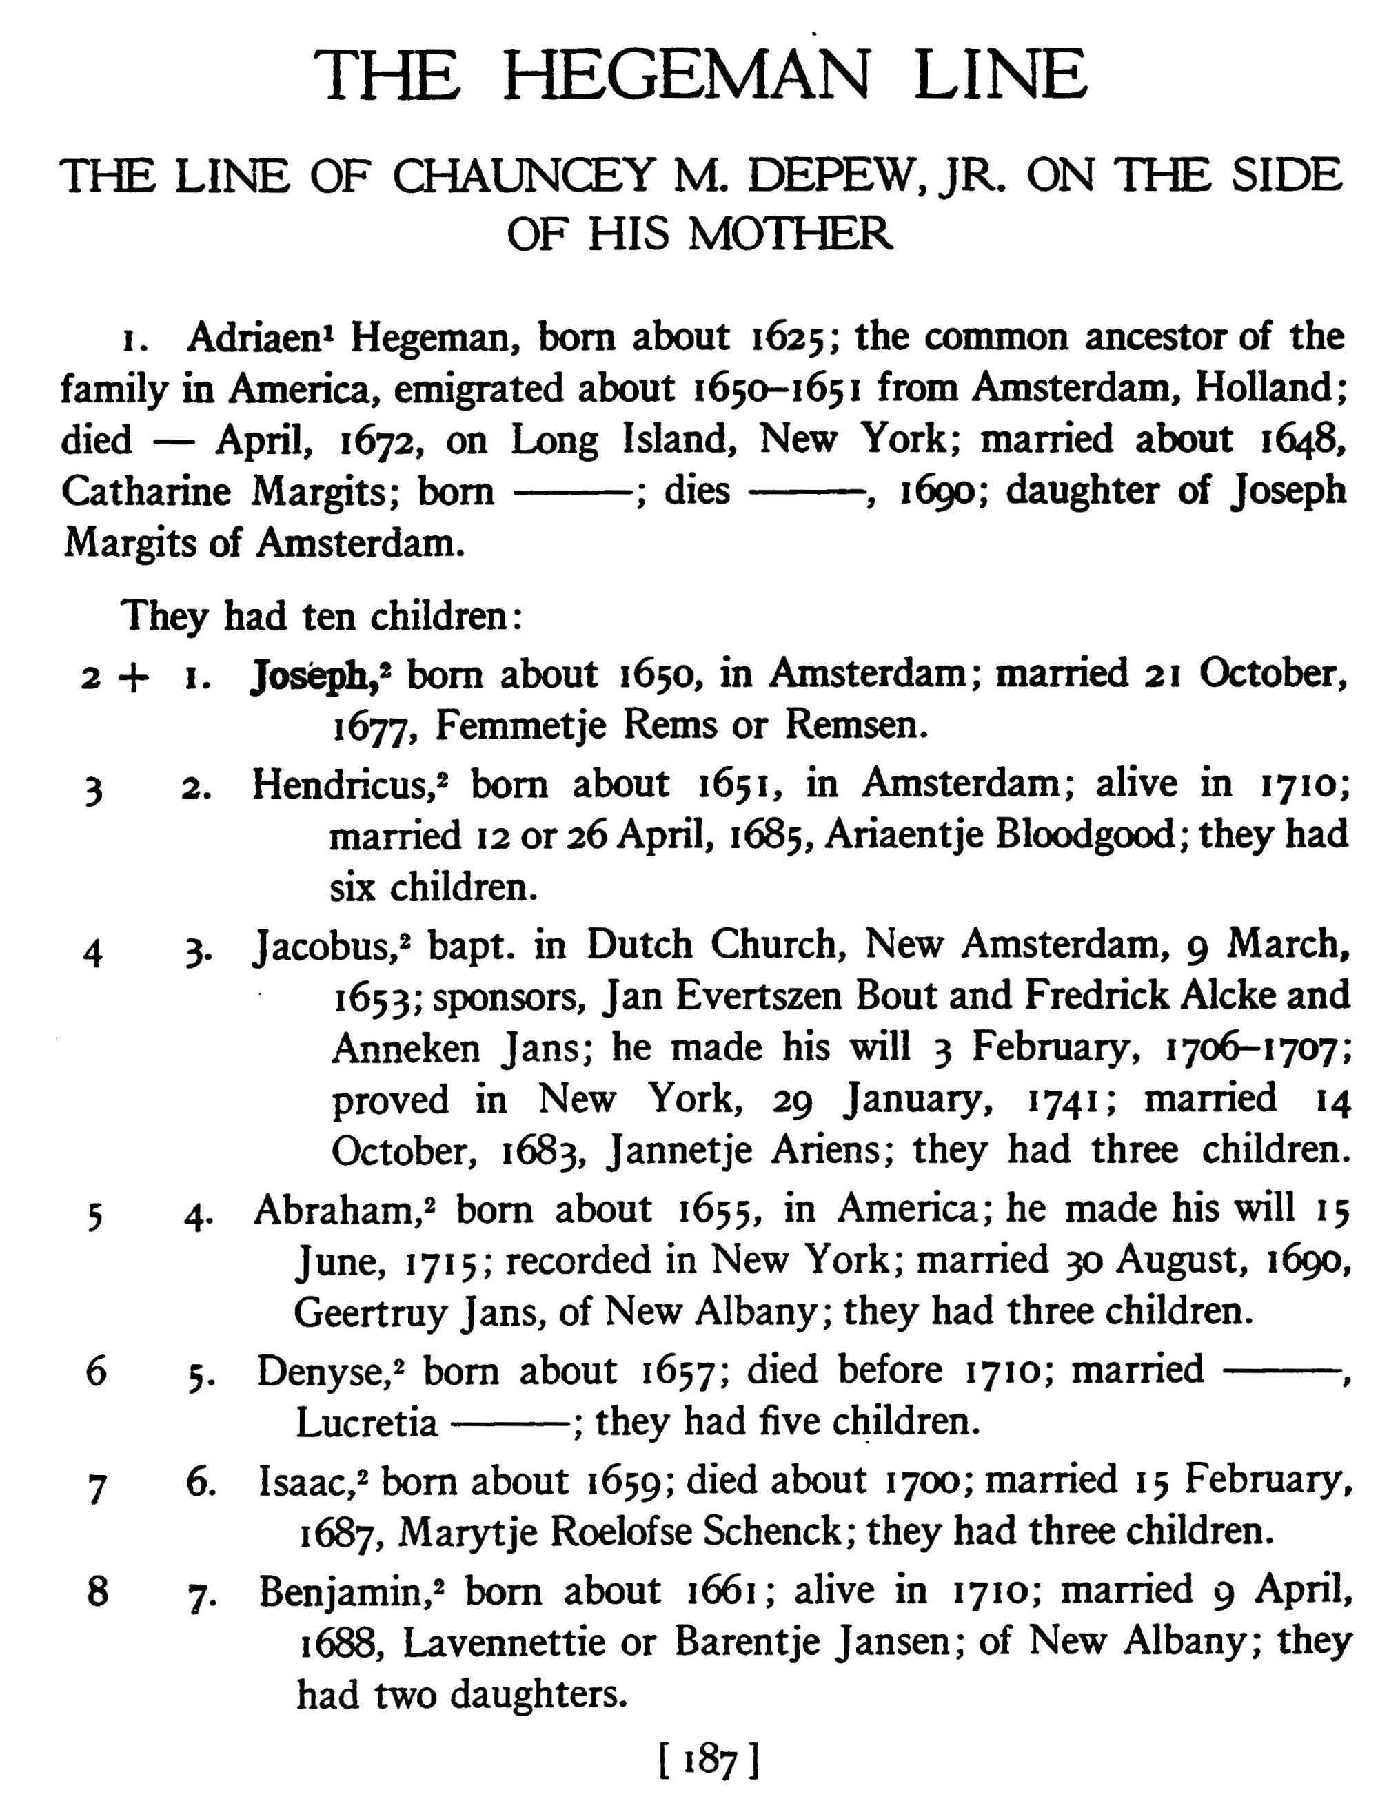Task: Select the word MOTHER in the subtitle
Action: [x=790, y=234]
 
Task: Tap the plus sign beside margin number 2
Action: [x=134, y=677]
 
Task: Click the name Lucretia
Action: [x=367, y=1423]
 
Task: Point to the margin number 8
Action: [x=97, y=1591]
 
